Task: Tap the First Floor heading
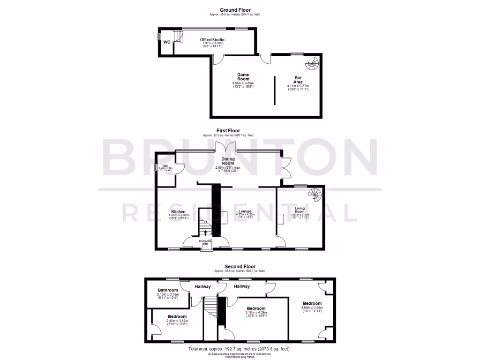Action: coord(228,131)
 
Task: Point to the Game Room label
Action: coord(243,77)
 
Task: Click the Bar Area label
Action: coord(298,80)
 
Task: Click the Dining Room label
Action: coord(225,161)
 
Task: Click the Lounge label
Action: coord(244,211)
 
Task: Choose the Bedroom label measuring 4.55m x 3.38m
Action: coord(312,303)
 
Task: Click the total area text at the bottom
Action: coord(240,349)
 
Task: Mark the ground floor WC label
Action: coord(167,42)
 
